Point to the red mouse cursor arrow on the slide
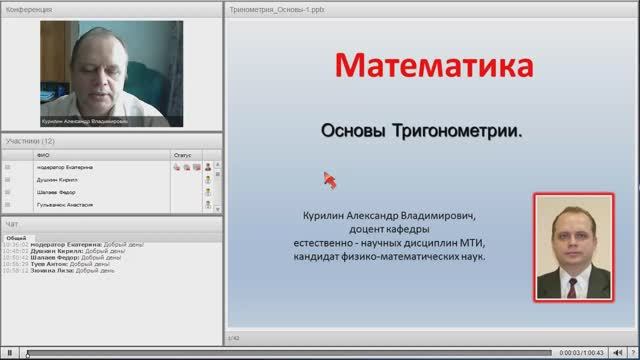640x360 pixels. (x=328, y=179)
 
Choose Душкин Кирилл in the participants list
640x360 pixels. (x=58, y=179)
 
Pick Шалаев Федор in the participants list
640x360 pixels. (x=56, y=192)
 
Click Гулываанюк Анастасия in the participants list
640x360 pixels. (x=65, y=204)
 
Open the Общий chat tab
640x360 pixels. (x=16, y=237)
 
